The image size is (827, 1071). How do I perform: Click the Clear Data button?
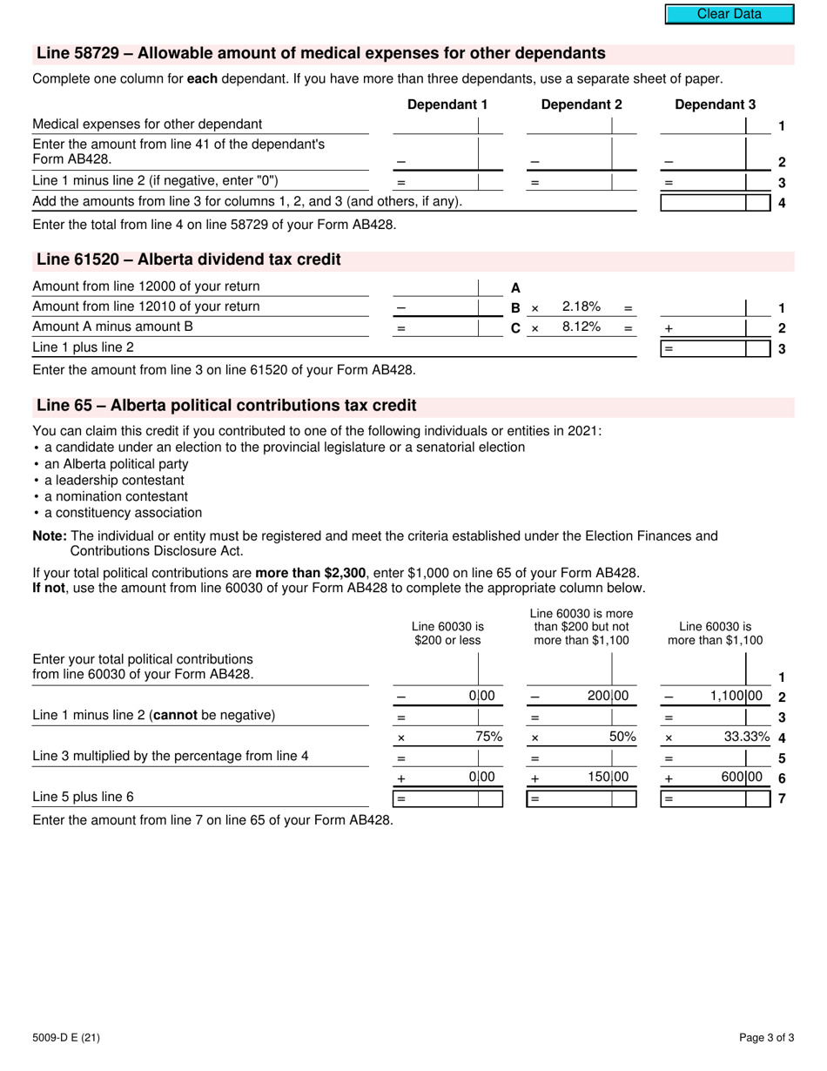coord(730,14)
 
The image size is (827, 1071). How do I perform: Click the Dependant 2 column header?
coord(582,104)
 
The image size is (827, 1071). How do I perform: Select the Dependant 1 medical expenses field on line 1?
coord(435,125)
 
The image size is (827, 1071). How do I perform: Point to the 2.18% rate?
coord(581,306)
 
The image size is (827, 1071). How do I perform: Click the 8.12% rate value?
coord(581,327)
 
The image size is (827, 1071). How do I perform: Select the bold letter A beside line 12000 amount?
coord(515,287)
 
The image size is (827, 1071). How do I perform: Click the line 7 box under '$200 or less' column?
coord(447,798)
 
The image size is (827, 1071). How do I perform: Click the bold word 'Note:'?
coord(50,535)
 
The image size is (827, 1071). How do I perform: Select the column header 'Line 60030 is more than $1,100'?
coord(715,633)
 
